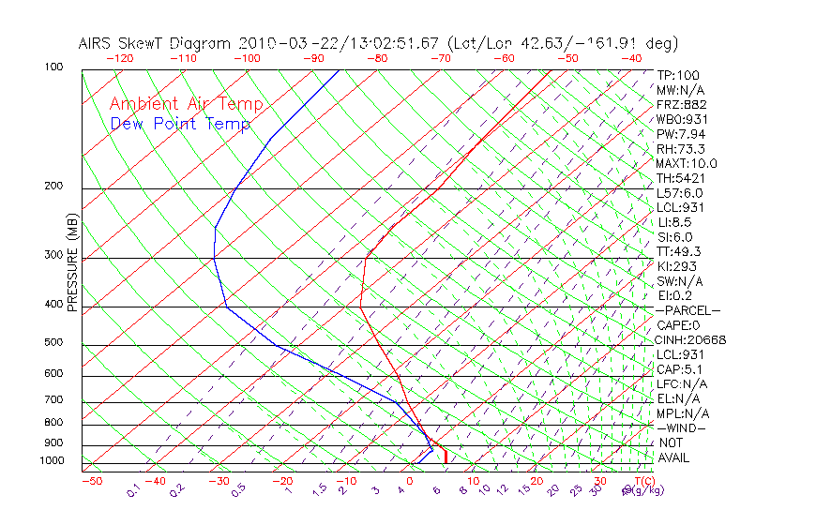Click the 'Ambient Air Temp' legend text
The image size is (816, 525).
(x=186, y=105)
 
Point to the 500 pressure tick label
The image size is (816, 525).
(x=53, y=342)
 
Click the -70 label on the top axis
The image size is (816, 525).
(x=439, y=58)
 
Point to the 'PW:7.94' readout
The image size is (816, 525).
(x=680, y=134)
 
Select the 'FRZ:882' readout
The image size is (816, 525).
(x=680, y=105)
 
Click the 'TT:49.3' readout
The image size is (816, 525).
(x=679, y=251)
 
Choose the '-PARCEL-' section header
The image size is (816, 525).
(x=688, y=310)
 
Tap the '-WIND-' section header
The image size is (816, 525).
(x=682, y=427)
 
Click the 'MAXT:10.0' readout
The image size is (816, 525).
(x=685, y=163)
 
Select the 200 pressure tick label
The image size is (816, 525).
(x=53, y=186)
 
